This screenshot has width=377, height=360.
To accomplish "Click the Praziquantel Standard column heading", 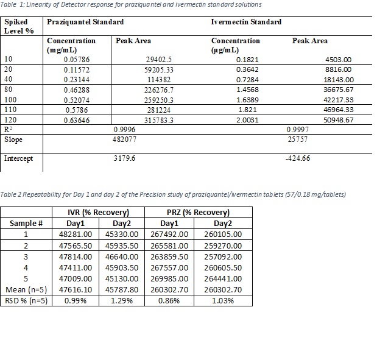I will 85,22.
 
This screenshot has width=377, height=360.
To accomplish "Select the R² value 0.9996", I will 125,130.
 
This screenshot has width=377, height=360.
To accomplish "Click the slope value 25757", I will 297,139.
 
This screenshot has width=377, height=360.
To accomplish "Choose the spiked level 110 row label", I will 10,110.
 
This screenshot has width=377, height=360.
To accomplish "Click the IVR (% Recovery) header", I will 98,213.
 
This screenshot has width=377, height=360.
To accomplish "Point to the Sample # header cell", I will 26,223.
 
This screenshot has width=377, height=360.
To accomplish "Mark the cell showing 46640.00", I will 122,256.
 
